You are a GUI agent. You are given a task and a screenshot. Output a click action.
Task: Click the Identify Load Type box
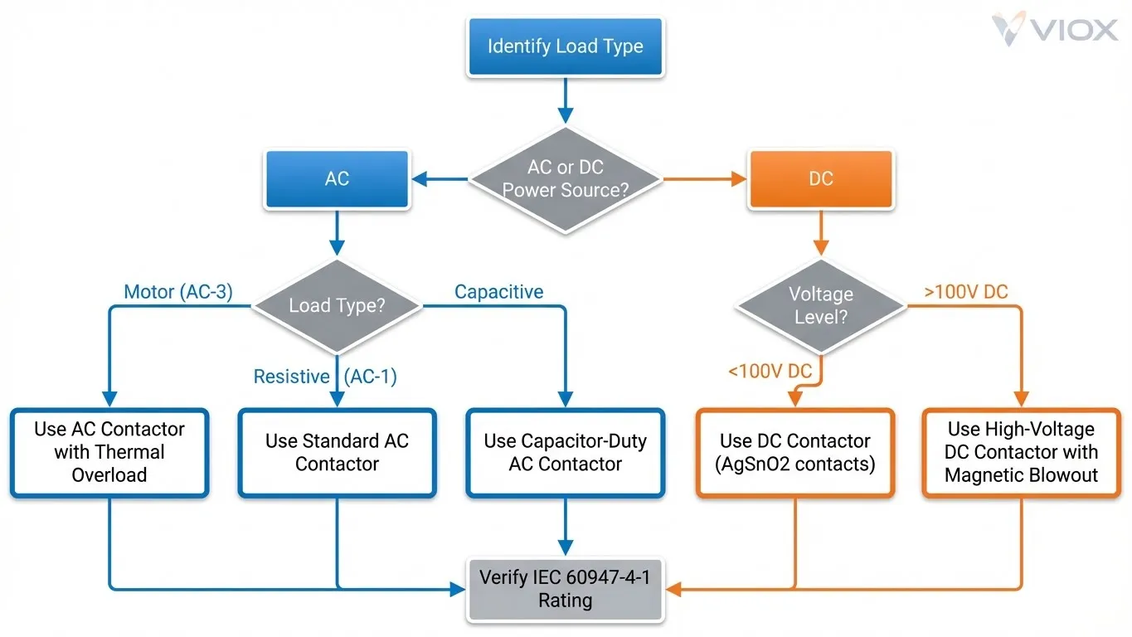(565, 46)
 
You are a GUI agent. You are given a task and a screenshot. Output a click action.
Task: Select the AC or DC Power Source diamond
(565, 178)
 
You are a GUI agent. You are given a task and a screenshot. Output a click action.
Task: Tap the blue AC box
(337, 178)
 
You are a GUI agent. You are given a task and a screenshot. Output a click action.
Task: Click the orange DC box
(820, 178)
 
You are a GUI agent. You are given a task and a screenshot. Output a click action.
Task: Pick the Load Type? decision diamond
(337, 306)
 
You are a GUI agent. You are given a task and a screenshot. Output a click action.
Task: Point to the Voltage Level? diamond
(820, 306)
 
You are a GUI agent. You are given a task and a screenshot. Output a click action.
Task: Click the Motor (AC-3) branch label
(177, 292)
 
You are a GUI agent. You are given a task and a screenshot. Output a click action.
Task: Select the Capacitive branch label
(498, 292)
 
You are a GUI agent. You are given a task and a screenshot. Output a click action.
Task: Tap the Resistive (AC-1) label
(325, 377)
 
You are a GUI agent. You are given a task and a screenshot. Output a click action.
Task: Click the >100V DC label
(965, 292)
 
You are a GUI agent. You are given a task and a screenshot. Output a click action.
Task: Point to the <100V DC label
(770, 371)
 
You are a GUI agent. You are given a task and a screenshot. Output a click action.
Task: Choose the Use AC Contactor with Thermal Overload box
(109, 452)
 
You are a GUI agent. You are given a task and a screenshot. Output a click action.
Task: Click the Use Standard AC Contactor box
(337, 452)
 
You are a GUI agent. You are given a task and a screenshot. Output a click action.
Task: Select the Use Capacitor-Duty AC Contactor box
(565, 452)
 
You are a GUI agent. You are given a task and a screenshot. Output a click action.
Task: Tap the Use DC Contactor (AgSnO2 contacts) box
(794, 452)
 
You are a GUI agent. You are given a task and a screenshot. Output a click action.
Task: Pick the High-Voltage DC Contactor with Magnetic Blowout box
(1021, 452)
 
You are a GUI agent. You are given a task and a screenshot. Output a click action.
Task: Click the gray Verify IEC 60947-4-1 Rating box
(565, 589)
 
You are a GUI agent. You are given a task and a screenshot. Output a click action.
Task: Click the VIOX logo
(1054, 30)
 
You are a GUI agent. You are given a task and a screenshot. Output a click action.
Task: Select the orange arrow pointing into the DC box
(705, 178)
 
